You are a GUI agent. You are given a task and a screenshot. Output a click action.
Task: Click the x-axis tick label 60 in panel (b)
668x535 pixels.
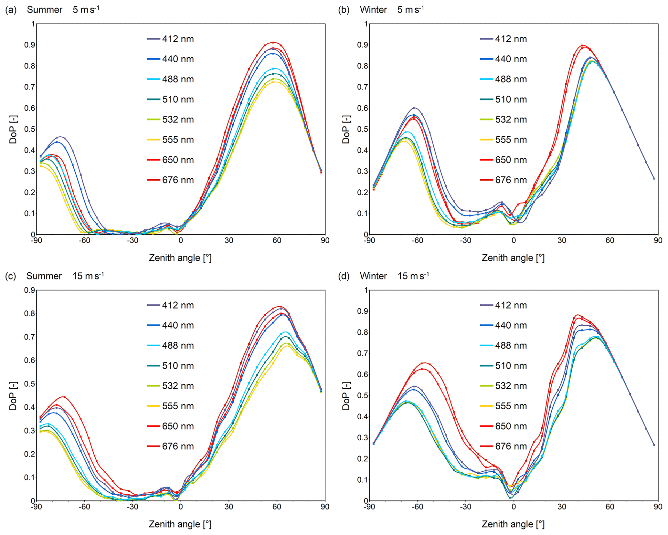(610, 240)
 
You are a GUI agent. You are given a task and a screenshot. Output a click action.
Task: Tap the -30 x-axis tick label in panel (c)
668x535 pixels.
(132, 507)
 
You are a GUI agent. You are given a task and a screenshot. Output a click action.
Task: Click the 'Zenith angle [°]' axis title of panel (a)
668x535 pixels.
(180, 258)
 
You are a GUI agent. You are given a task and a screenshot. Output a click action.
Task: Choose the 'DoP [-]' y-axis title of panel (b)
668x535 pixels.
(346, 129)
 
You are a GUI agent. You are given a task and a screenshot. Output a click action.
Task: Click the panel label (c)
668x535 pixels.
(11, 276)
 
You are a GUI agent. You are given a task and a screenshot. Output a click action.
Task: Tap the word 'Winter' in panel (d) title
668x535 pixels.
(373, 276)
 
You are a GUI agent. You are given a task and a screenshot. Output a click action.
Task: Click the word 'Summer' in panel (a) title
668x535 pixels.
(45, 10)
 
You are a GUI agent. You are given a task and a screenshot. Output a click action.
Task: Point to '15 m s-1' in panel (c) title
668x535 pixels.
(88, 276)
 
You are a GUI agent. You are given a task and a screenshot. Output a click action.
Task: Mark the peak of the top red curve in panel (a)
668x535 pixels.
(273, 42)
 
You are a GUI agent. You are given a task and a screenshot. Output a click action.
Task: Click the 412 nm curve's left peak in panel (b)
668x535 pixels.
(414, 108)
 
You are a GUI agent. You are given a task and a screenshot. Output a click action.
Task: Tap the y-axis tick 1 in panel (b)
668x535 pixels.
(366, 24)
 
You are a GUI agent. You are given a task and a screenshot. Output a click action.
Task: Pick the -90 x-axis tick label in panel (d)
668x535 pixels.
(369, 507)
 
